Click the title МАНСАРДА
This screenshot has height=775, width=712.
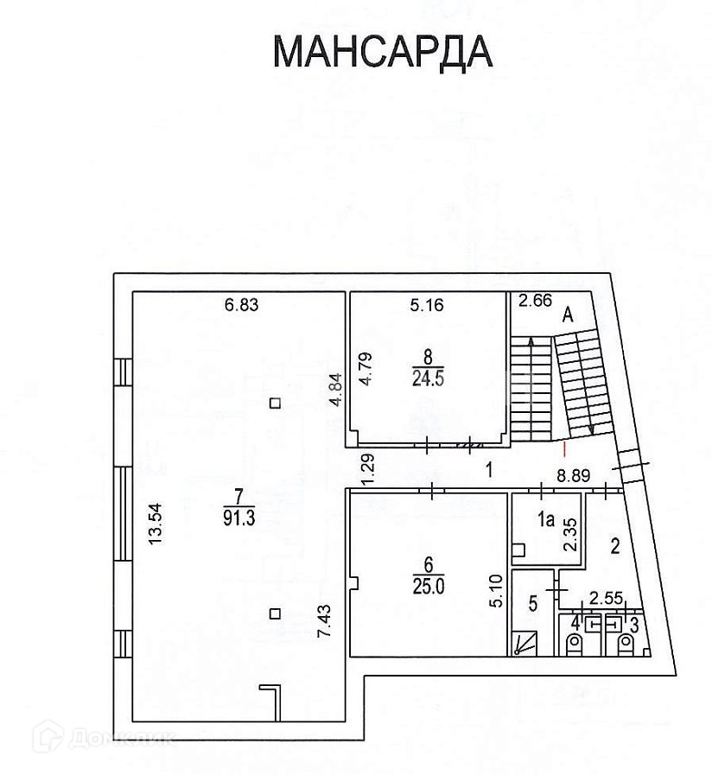click(x=382, y=52)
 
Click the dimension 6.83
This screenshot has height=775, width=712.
click(x=242, y=304)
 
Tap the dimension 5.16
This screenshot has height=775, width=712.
click(x=427, y=304)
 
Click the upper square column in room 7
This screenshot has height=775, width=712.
click(x=274, y=402)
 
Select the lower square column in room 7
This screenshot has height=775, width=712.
click(x=274, y=613)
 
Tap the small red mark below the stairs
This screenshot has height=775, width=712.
click(x=563, y=448)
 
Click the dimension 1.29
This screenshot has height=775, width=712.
click(x=366, y=469)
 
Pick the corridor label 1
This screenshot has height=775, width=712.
click(x=488, y=470)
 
